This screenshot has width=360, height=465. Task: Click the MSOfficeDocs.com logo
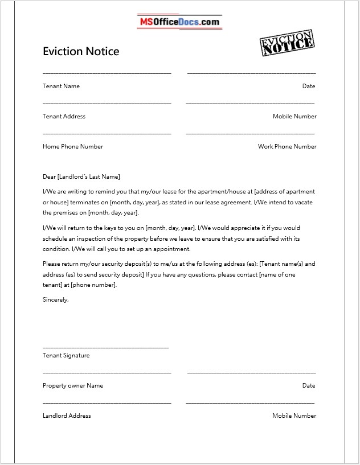pyautogui.click(x=179, y=22)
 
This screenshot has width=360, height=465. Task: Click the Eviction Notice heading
pyautogui.click(x=81, y=51)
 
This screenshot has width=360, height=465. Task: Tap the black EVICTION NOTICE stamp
pyautogui.click(x=287, y=43)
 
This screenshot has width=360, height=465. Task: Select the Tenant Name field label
pyautogui.click(x=61, y=87)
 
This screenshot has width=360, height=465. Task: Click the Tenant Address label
pyautogui.click(x=64, y=117)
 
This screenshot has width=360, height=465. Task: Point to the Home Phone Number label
pyautogui.click(x=73, y=147)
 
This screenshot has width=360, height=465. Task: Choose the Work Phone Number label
pyautogui.click(x=287, y=147)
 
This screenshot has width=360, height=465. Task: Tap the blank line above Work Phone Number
pyautogui.click(x=250, y=133)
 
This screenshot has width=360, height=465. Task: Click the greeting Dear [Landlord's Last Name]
pyautogui.click(x=81, y=177)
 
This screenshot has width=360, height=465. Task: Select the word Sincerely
pyautogui.click(x=55, y=299)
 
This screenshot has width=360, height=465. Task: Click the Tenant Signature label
pyautogui.click(x=66, y=356)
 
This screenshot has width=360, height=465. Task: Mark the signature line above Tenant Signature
pyautogui.click(x=105, y=347)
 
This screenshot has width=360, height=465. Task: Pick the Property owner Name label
pyautogui.click(x=73, y=386)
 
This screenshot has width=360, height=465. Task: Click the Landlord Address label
pyautogui.click(x=67, y=416)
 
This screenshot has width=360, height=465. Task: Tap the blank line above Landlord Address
pyautogui.click(x=107, y=402)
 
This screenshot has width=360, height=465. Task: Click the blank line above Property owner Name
pyautogui.click(x=107, y=372)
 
